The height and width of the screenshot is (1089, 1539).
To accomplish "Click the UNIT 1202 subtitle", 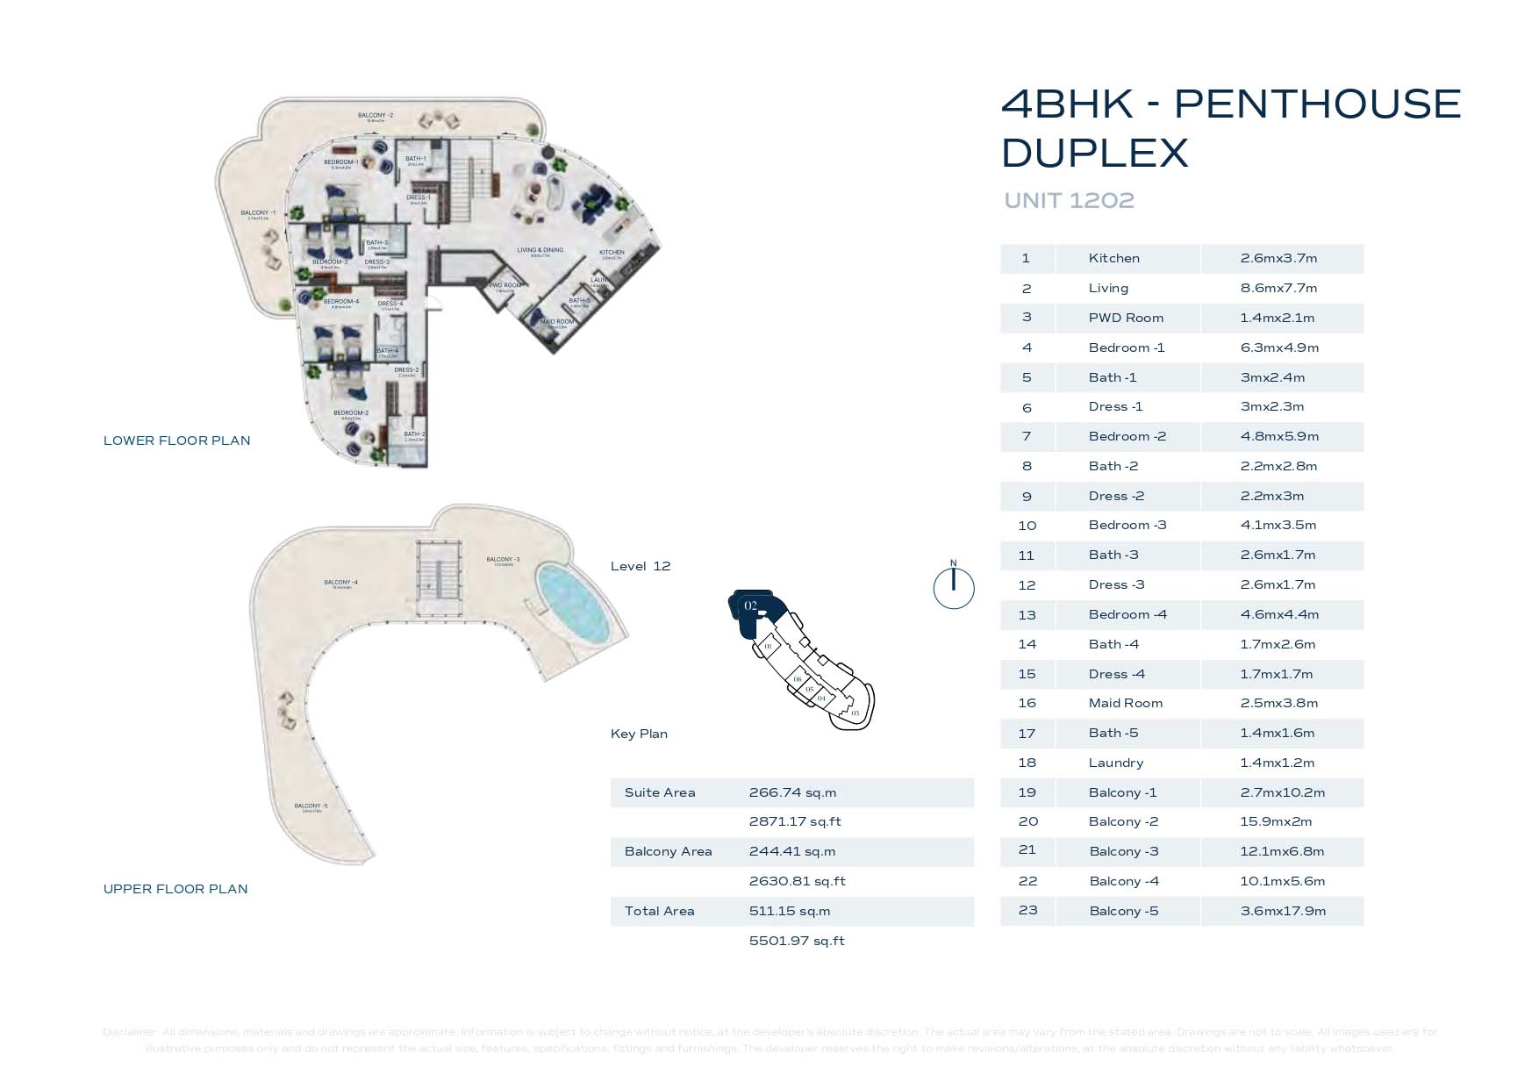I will pyautogui.click(x=1069, y=201).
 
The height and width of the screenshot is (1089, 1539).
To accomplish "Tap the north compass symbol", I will pyautogui.click(x=954, y=587).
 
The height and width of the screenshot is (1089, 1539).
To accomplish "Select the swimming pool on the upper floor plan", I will pyautogui.click(x=573, y=603).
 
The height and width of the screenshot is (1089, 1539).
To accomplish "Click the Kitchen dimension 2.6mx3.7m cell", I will pyautogui.click(x=1278, y=259).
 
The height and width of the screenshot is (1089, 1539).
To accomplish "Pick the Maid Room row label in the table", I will pyautogui.click(x=1125, y=704).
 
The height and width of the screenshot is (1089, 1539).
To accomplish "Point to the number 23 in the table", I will pyautogui.click(x=1027, y=911).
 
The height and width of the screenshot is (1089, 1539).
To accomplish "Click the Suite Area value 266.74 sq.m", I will pyautogui.click(x=792, y=793).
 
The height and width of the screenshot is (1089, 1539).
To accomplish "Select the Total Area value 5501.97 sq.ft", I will pyautogui.click(x=797, y=942).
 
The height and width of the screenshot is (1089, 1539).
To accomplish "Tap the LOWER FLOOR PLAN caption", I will pyautogui.click(x=176, y=441).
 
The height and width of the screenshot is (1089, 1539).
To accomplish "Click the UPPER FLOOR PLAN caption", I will pyautogui.click(x=175, y=889).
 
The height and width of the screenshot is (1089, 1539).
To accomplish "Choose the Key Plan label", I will pyautogui.click(x=639, y=734).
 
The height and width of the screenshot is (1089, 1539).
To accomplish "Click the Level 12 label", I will pyautogui.click(x=641, y=567).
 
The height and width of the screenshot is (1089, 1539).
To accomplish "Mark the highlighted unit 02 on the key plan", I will pyautogui.click(x=751, y=607).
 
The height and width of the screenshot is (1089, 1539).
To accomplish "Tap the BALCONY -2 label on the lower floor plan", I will pyautogui.click(x=376, y=116).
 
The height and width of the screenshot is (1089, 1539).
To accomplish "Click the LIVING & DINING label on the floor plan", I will pyautogui.click(x=540, y=251).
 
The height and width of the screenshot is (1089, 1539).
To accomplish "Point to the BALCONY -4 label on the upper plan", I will pyautogui.click(x=340, y=583).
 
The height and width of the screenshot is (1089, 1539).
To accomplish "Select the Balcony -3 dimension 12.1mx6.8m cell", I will pyautogui.click(x=1282, y=852).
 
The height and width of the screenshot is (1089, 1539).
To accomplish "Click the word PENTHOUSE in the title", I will pyautogui.click(x=1317, y=104).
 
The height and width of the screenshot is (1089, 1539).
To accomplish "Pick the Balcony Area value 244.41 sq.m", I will pyautogui.click(x=792, y=852).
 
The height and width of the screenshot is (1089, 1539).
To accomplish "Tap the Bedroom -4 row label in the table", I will pyautogui.click(x=1127, y=615).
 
